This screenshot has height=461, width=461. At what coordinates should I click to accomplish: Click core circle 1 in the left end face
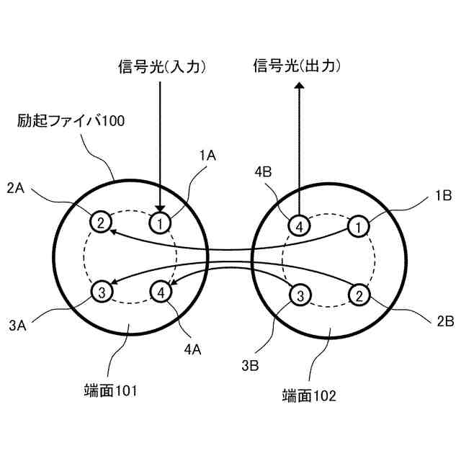pos(161,221)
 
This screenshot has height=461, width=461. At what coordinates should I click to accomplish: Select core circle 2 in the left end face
pos(101,221)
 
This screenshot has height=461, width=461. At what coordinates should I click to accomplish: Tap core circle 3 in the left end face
pos(102,291)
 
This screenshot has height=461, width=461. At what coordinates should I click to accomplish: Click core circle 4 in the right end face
pos(299,226)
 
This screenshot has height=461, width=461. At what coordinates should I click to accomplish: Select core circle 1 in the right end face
pos(357,226)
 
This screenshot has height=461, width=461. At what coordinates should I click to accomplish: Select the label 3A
pos(19,325)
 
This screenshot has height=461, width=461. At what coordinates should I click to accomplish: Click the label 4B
pos(263,172)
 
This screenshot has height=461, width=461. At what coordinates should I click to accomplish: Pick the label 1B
pos(443,195)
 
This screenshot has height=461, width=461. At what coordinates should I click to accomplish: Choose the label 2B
pos(443,318)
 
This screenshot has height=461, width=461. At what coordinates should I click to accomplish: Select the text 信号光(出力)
pos(297,66)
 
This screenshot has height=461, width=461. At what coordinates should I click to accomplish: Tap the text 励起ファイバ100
pos(71,120)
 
